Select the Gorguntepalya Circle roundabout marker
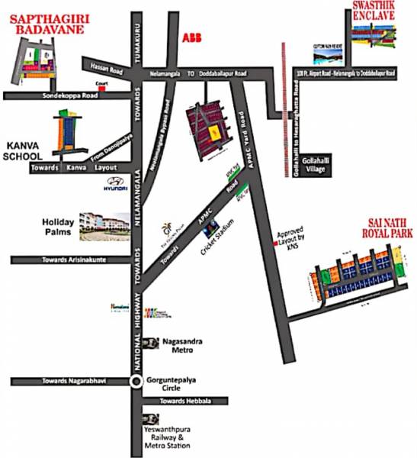(136, 381)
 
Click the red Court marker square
(100, 86)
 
